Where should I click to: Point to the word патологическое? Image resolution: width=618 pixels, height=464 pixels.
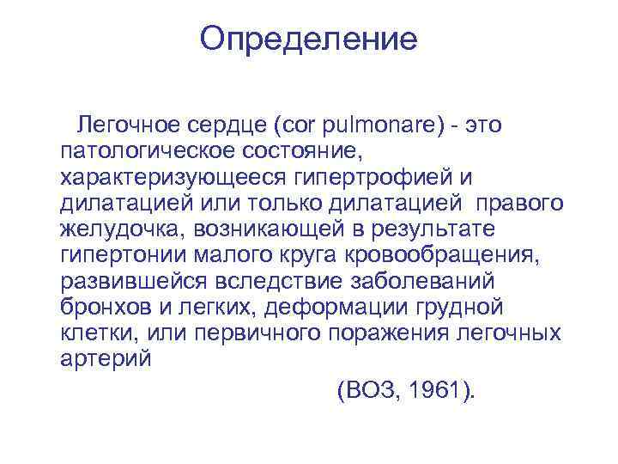pos(146,152)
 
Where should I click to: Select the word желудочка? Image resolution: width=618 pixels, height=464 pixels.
pos(122,229)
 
